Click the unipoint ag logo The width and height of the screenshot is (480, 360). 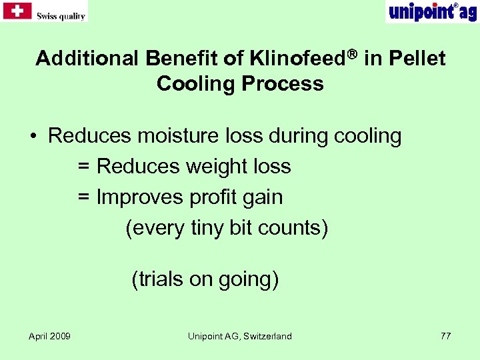tap(431, 11)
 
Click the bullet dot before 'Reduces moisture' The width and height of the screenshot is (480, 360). tap(33, 137)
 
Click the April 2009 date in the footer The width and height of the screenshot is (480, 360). tap(50, 336)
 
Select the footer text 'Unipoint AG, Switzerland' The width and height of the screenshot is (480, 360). tap(240, 336)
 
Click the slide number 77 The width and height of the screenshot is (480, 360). tap(445, 336)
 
